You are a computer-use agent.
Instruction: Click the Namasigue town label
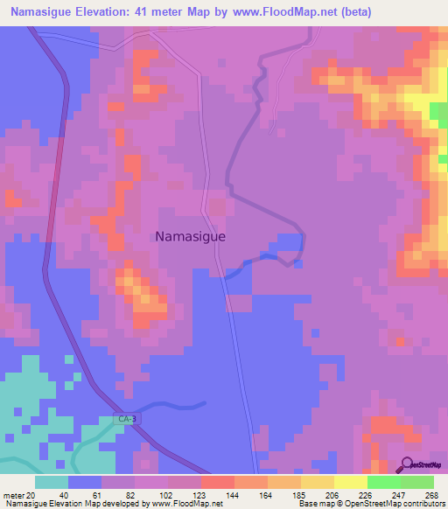click(190, 236)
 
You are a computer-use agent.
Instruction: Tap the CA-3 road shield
click(127, 420)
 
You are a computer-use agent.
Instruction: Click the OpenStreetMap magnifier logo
click(409, 465)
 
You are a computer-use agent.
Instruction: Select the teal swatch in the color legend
click(52, 482)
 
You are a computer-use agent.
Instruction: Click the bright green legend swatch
click(384, 482)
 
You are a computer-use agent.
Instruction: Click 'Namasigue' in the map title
click(42, 12)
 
